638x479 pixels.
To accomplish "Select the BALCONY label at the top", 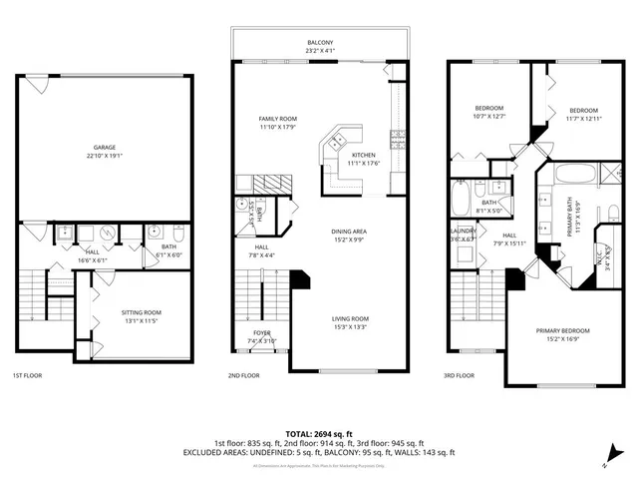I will click(320, 43).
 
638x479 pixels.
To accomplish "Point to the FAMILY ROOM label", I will click(279, 119).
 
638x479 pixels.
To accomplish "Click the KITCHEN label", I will click(363, 156).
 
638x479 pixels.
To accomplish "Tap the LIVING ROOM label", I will click(350, 318).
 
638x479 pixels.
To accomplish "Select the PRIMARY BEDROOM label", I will click(562, 330).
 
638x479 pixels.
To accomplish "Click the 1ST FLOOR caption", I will click(27, 376).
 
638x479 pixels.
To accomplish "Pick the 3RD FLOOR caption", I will click(460, 376).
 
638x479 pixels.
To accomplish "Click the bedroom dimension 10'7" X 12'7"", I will click(488, 117).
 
